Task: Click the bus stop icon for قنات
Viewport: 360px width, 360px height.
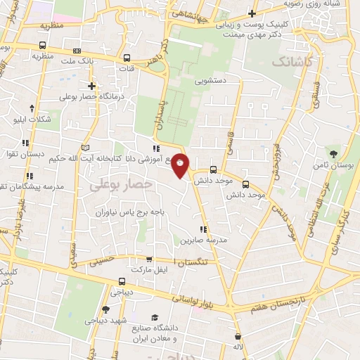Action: click(x=127, y=58)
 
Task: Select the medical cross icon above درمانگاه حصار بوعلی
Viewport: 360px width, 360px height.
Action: click(x=91, y=86)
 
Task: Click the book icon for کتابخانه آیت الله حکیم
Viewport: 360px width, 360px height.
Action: click(x=85, y=148)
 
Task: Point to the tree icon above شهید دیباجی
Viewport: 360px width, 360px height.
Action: click(x=105, y=309)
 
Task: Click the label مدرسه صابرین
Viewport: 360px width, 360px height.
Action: click(x=205, y=240)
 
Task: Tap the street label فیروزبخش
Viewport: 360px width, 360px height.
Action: click(x=279, y=172)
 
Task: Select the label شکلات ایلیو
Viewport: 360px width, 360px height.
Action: click(x=33, y=119)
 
